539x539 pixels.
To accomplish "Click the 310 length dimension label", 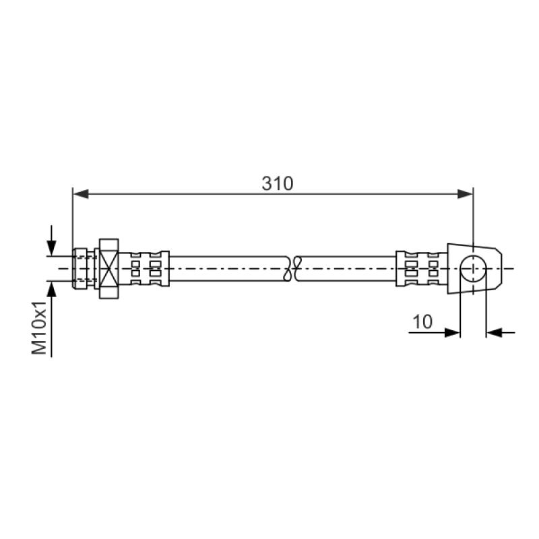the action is click(x=278, y=183).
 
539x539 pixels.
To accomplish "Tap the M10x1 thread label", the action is click(x=39, y=327).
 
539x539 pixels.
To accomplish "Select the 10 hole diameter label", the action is click(x=422, y=322).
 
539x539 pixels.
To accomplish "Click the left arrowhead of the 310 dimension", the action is click(x=81, y=194).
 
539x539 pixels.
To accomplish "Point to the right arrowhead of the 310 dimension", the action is click(x=465, y=194).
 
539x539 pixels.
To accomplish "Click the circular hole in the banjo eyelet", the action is click(x=473, y=268).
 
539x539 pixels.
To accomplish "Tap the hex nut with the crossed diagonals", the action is click(x=108, y=268).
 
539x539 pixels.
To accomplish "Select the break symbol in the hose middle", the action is click(x=292, y=268).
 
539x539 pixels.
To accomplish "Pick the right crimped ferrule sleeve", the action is click(x=422, y=268).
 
